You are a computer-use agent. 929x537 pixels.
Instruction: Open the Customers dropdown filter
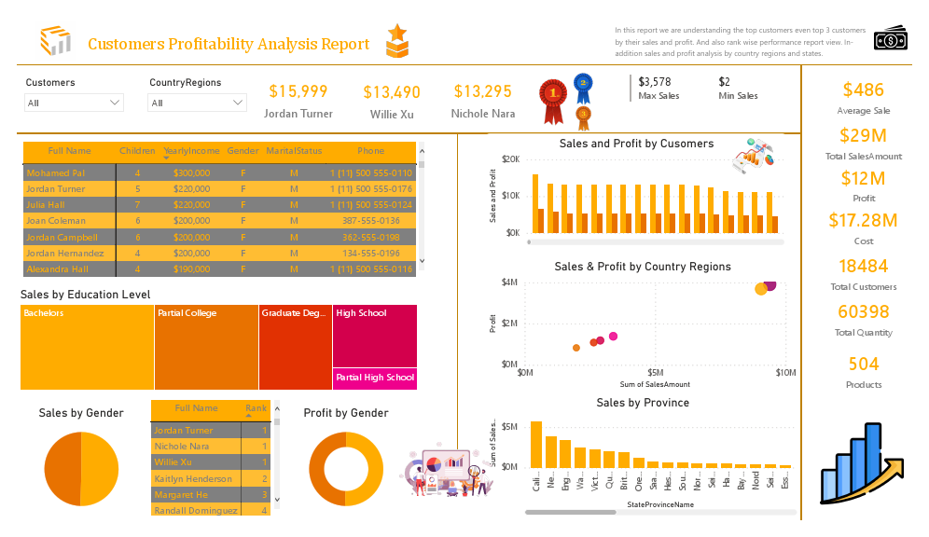coord(74,103)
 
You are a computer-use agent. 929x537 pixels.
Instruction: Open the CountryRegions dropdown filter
coord(197,103)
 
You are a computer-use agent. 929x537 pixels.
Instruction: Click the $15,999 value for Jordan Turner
coord(298,91)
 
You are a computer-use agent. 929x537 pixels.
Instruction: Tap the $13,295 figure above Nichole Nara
coord(482,91)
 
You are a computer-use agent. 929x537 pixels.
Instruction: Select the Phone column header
coord(370,151)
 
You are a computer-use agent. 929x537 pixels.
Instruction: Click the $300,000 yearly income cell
coord(191,173)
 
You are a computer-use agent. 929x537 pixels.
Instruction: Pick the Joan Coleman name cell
coord(56,221)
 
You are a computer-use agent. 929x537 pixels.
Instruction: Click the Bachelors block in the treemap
coord(87,347)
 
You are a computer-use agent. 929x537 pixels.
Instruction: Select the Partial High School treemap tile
coord(375,379)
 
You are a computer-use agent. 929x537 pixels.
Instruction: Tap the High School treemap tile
coord(375,336)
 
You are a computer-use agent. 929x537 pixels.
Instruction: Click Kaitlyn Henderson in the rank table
coord(193,478)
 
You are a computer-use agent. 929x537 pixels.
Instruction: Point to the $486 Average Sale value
coord(863,90)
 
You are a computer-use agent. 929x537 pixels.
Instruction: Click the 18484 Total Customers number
coord(863,266)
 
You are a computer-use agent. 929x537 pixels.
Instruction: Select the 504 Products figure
coord(863,364)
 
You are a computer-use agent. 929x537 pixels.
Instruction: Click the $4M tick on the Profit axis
coord(509,282)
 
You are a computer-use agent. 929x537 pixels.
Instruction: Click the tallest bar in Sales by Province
coord(536,444)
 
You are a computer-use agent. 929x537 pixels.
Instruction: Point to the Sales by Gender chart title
coord(81,413)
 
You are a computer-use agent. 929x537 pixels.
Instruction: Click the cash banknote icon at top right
coord(890,39)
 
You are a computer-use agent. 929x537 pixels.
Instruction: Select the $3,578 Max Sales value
coord(654,82)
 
